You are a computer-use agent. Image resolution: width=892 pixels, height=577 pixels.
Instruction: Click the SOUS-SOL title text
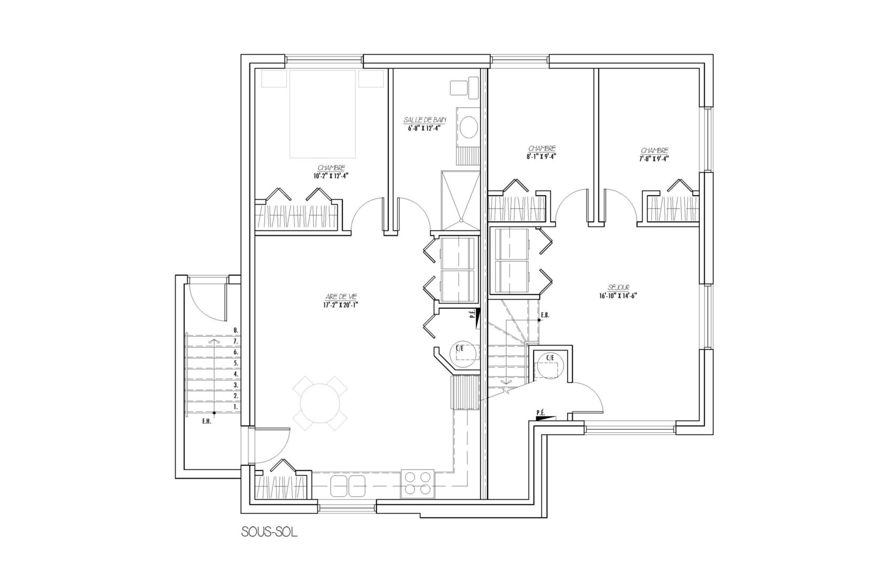pos(269,533)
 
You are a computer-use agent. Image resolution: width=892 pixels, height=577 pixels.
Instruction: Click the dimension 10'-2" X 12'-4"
pos(331,176)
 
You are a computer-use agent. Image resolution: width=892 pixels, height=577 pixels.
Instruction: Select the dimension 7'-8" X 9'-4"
pos(654,158)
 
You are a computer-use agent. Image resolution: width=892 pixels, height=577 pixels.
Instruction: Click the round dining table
pos(320,403)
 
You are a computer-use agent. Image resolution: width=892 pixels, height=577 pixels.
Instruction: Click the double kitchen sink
pos(348,486)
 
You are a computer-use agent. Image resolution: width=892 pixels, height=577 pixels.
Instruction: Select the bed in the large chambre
pos(322,114)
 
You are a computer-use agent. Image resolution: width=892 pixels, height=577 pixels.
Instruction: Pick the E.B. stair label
pos(545,315)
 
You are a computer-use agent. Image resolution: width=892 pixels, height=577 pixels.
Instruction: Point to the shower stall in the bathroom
pos(461,201)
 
